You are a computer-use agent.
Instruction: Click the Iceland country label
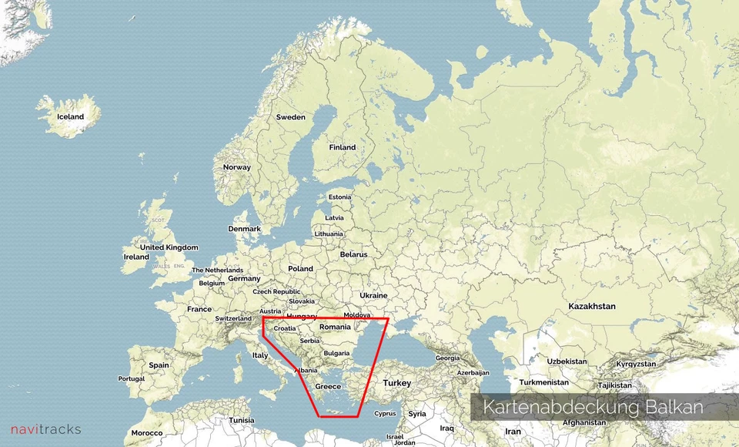(71, 117)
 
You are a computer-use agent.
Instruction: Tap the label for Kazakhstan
(592, 306)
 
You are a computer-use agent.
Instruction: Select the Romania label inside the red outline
(335, 328)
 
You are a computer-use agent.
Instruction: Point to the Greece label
(328, 386)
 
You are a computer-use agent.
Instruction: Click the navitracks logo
(45, 429)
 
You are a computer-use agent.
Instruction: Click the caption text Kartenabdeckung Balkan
(593, 407)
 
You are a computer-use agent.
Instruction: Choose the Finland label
(343, 147)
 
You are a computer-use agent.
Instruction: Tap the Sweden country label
(291, 117)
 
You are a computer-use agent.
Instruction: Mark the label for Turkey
(398, 383)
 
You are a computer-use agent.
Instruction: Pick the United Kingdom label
(169, 247)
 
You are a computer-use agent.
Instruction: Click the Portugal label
(131, 378)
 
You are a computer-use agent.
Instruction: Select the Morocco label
(147, 433)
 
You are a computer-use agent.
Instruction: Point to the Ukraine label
(373, 295)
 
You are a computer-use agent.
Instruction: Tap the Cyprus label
(385, 413)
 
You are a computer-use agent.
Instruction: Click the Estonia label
(339, 197)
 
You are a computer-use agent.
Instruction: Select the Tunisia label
(241, 420)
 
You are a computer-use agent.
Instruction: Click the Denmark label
(245, 229)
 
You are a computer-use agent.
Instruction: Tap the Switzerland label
(233, 318)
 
